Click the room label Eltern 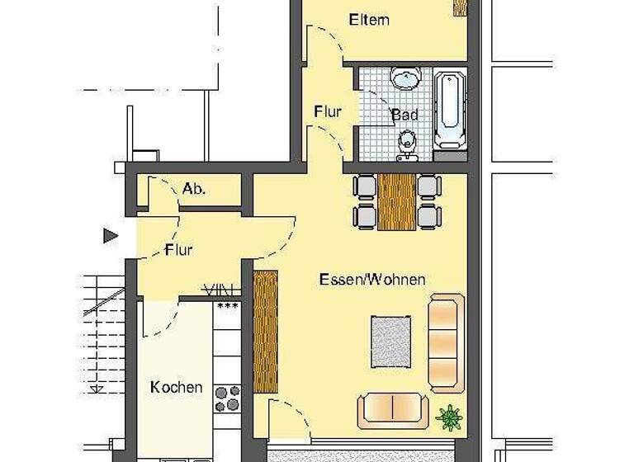368,20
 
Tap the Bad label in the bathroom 404,115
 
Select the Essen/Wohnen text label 372,280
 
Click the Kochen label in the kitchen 176,387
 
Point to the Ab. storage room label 194,189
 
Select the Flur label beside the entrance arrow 179,249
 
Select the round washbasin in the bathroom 405,80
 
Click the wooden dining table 398,202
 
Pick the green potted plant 449,417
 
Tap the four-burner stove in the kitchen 227,398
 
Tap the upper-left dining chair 364,187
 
